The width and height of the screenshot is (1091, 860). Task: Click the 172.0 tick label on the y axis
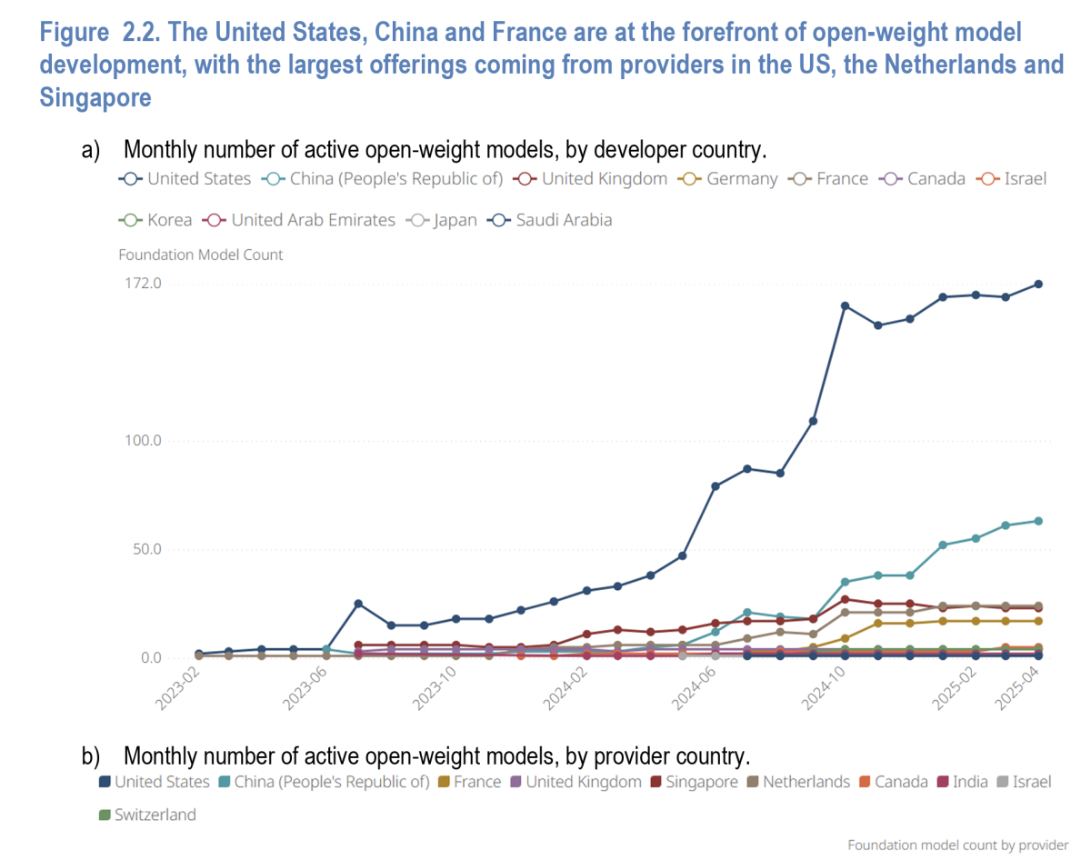pos(143,284)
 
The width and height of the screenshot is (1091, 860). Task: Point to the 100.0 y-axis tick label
pos(143,441)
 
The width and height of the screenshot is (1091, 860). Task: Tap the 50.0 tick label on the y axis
pos(145,549)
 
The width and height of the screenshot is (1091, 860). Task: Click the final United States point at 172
pos(1037,284)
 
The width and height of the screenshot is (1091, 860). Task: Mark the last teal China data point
pos(1037,521)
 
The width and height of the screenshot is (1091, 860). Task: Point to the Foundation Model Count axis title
pos(201,255)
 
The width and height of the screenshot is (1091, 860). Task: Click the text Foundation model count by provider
pos(958,845)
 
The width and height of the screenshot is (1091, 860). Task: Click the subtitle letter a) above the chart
pos(91,150)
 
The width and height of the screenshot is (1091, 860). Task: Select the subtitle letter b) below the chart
pos(91,755)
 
